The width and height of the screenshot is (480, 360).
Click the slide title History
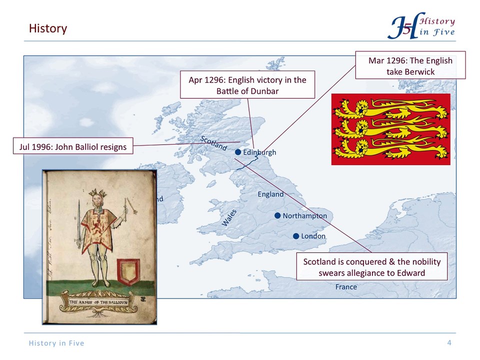point(48,28)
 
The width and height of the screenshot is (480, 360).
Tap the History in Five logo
point(421,26)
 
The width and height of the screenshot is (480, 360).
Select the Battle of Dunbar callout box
point(247,85)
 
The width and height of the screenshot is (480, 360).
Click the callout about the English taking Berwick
point(410,65)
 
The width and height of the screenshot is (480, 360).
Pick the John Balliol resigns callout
point(72,146)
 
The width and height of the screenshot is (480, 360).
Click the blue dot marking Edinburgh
point(238,152)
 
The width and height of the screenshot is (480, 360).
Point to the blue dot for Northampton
point(277,215)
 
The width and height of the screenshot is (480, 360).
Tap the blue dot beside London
point(295,235)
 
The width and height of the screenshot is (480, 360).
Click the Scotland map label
point(213,143)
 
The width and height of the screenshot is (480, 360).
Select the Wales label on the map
point(230,218)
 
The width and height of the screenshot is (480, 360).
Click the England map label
point(270,194)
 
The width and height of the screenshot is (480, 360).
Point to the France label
point(346,287)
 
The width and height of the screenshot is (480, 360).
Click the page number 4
point(449,342)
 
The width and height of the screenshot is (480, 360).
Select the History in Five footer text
point(56,343)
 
